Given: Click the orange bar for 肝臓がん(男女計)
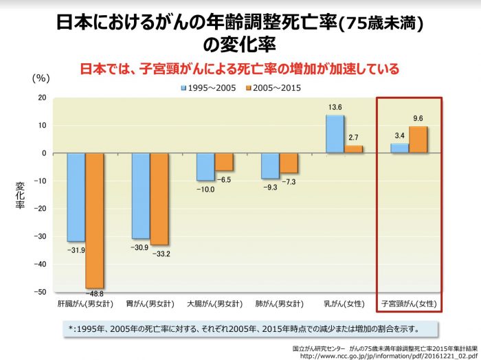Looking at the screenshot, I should pyautogui.click(x=95, y=220).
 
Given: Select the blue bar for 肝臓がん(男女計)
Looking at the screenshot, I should pyautogui.click(x=76, y=196).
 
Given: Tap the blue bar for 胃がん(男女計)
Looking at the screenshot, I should pyautogui.click(x=141, y=195).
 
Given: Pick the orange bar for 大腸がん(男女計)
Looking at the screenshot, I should pyautogui.click(x=224, y=161).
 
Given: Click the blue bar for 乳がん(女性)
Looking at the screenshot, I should pyautogui.click(x=335, y=133).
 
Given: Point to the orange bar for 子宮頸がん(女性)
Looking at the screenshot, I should pyautogui.click(x=418, y=139).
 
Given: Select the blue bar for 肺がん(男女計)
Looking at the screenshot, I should pyautogui.click(x=270, y=166).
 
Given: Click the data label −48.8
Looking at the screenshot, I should pyautogui.click(x=95, y=293).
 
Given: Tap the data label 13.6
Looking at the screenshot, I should pyautogui.click(x=335, y=107).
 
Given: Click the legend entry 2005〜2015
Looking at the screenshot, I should pyautogui.click(x=273, y=87).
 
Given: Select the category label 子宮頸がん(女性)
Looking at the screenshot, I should pyautogui.click(x=410, y=303).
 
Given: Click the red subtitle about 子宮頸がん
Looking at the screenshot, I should pyautogui.click(x=240, y=69).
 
